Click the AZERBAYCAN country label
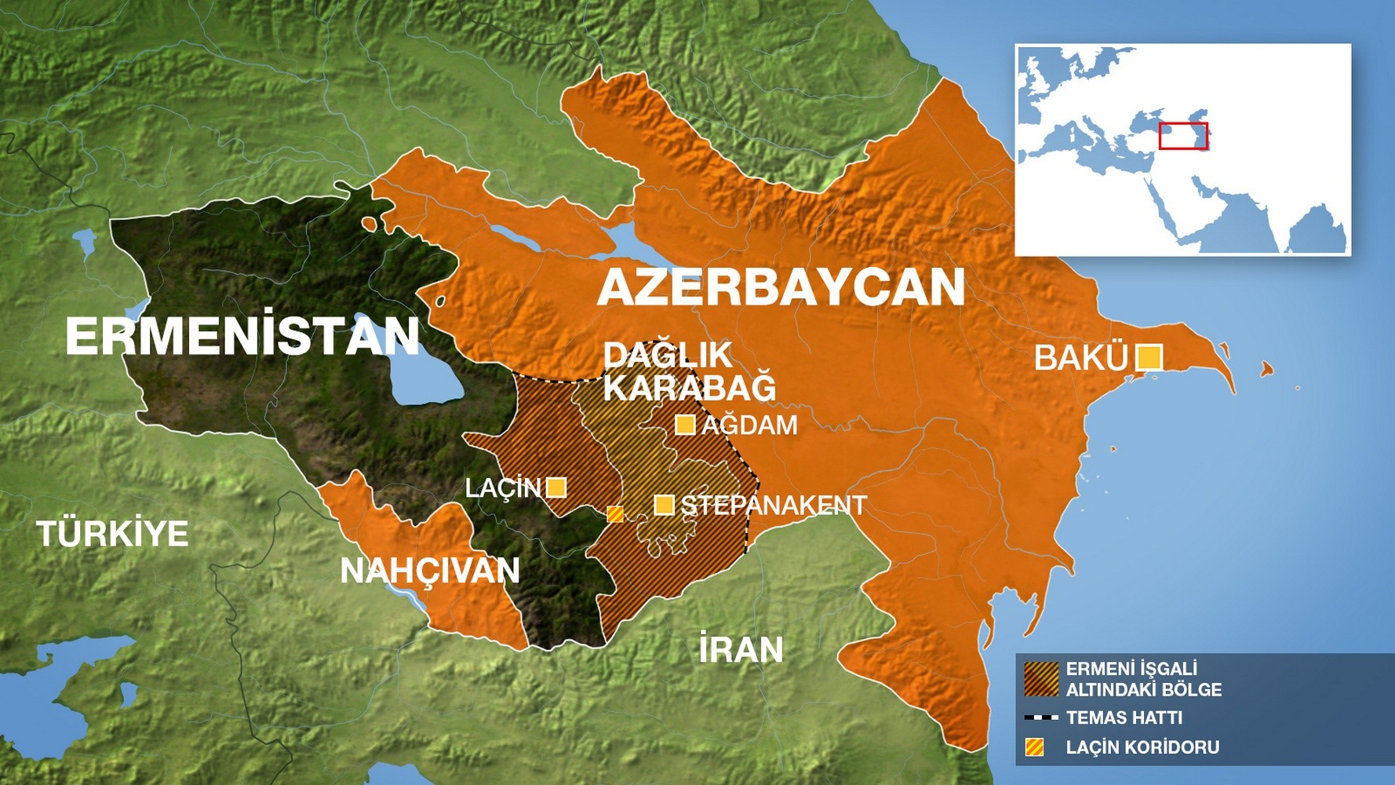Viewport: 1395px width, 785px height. coord(781,287)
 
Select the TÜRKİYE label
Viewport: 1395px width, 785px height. coord(113,534)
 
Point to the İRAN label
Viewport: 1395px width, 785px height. coord(741,650)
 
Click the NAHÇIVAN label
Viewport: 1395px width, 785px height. coord(430,571)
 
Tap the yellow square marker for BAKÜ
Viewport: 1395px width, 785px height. coord(1149,357)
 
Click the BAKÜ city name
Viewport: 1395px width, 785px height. coord(1080,358)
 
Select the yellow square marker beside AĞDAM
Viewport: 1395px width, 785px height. coord(685,425)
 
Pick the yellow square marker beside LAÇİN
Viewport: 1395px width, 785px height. coord(556,487)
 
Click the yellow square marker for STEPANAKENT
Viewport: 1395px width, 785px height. coord(665,505)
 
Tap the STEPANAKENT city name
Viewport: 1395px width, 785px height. coord(773,505)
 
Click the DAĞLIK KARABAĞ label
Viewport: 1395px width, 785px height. coord(689,371)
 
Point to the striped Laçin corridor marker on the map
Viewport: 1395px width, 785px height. coord(616,514)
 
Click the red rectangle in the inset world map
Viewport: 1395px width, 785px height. coord(1183,136)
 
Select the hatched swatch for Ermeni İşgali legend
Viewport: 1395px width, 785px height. coord(1041,679)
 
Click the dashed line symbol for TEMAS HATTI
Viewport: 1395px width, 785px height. coord(1041,717)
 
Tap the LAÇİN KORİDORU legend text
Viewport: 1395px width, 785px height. coord(1142,747)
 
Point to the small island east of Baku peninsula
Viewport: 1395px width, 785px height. coord(1266,368)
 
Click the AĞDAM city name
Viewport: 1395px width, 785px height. coord(749,425)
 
